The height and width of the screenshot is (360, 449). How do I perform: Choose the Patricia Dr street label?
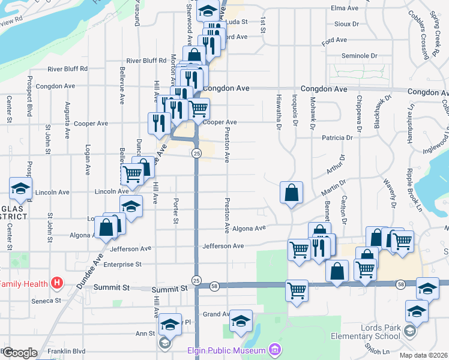337,137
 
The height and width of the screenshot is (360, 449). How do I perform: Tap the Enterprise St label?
122,264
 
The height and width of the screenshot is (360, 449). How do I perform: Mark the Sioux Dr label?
347,25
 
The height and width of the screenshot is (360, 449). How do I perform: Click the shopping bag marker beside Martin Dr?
291,193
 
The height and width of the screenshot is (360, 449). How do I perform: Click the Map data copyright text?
424,355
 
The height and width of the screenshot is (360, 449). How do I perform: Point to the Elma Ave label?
345,8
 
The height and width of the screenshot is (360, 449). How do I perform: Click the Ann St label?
145,334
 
